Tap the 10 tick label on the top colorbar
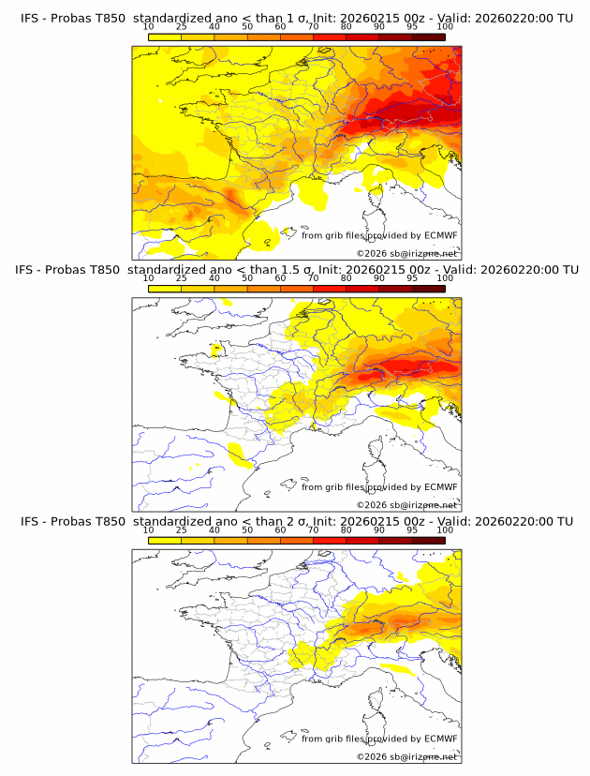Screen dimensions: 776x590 [148, 27]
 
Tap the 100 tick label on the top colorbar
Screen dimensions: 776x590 [445, 27]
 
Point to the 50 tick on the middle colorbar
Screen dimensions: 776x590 [246, 278]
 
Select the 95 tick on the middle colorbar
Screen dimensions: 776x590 [412, 278]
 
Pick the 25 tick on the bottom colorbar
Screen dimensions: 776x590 [181, 530]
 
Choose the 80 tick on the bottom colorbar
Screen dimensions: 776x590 [346, 530]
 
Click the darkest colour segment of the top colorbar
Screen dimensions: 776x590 [428, 37]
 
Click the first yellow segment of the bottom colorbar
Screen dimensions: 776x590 [164, 540]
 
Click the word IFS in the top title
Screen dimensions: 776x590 [30, 18]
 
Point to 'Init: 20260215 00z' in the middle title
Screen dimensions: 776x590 [368, 270]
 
